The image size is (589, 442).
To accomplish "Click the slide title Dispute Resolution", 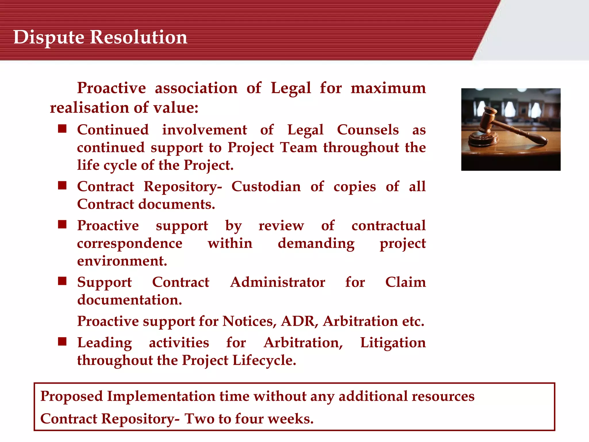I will (100, 37).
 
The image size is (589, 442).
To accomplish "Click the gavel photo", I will (511, 129).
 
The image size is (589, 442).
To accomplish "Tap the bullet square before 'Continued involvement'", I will (62, 129).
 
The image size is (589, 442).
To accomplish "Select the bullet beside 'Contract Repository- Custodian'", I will (62, 185).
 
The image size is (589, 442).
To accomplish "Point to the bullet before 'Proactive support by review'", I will (62, 224).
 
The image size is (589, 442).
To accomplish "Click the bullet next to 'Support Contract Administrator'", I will (62, 281).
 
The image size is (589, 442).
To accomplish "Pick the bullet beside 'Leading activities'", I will (62, 341).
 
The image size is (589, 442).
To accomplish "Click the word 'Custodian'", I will (266, 186).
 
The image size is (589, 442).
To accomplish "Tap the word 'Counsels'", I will (368, 130).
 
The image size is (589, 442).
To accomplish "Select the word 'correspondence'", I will (130, 243).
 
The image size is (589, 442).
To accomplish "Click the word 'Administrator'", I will (278, 282).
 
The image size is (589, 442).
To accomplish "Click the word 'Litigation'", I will (393, 343).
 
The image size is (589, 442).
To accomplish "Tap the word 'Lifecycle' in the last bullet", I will (264, 360).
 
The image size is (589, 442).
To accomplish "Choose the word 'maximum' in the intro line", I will (388, 88).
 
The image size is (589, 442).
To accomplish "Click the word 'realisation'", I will (89, 108).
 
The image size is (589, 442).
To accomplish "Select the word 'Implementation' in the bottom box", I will (161, 396).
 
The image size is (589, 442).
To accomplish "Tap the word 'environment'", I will (122, 261).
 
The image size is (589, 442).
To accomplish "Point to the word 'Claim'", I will (406, 282).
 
